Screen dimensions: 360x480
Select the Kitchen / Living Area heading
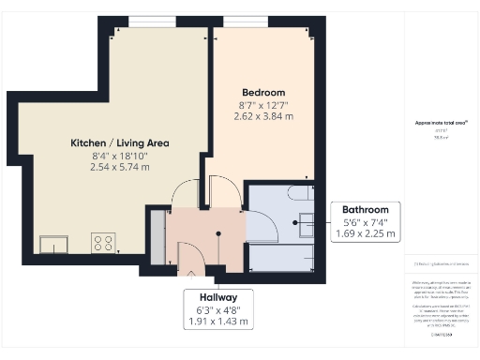click(x=120, y=142)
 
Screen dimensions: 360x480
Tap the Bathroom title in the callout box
click(x=364, y=210)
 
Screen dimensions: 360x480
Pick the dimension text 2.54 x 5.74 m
click(x=120, y=166)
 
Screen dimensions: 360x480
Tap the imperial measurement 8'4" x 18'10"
click(x=120, y=155)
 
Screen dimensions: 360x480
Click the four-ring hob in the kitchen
click(x=102, y=243)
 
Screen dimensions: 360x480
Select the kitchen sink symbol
click(x=53, y=244)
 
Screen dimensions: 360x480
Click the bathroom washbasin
click(x=307, y=223)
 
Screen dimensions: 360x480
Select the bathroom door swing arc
click(x=260, y=222)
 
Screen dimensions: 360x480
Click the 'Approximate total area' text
click(x=442, y=123)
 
